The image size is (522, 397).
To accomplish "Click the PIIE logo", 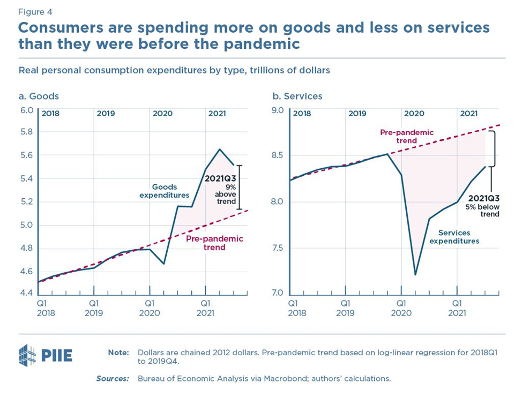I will click(x=46, y=354).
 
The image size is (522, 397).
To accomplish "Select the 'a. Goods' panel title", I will click(x=39, y=96).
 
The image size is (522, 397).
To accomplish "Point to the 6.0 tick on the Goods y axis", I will click(x=27, y=110).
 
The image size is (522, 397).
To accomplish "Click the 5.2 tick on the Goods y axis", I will click(x=27, y=202).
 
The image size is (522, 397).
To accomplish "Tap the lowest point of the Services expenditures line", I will click(x=415, y=275).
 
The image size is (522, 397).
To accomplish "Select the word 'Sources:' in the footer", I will click(x=113, y=379).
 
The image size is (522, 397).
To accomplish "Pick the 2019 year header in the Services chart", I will click(x=357, y=114).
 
